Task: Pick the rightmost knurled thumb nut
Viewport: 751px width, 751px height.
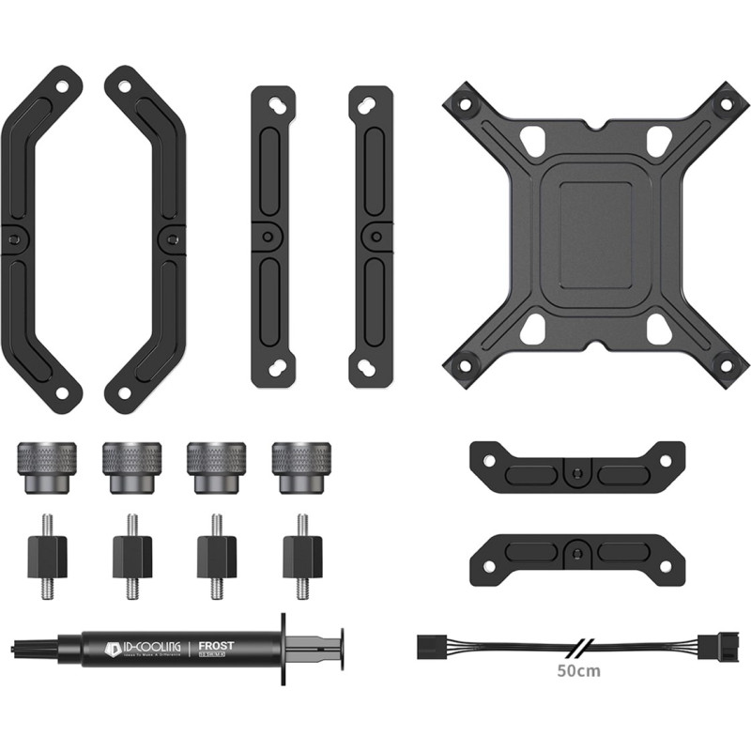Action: (301, 464)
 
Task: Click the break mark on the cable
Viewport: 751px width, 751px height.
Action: (575, 647)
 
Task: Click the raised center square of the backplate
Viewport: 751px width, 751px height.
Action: (589, 226)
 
